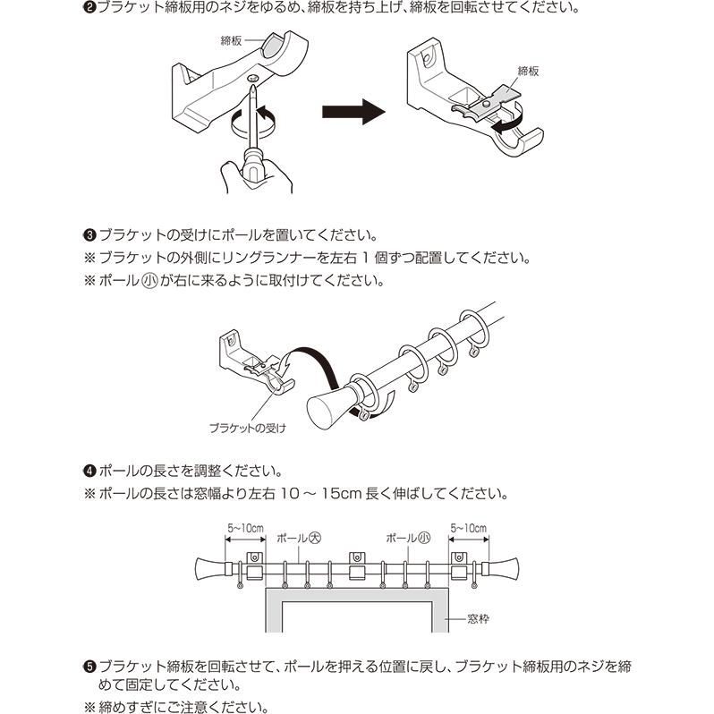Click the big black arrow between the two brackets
(x=353, y=112)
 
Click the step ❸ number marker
(x=89, y=236)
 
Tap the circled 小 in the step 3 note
(x=149, y=280)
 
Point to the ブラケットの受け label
(x=247, y=428)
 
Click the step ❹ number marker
(x=89, y=471)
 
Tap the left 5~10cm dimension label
(x=244, y=529)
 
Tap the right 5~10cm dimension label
(x=468, y=529)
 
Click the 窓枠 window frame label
(x=478, y=618)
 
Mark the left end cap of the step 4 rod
(x=209, y=567)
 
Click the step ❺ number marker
(x=89, y=667)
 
